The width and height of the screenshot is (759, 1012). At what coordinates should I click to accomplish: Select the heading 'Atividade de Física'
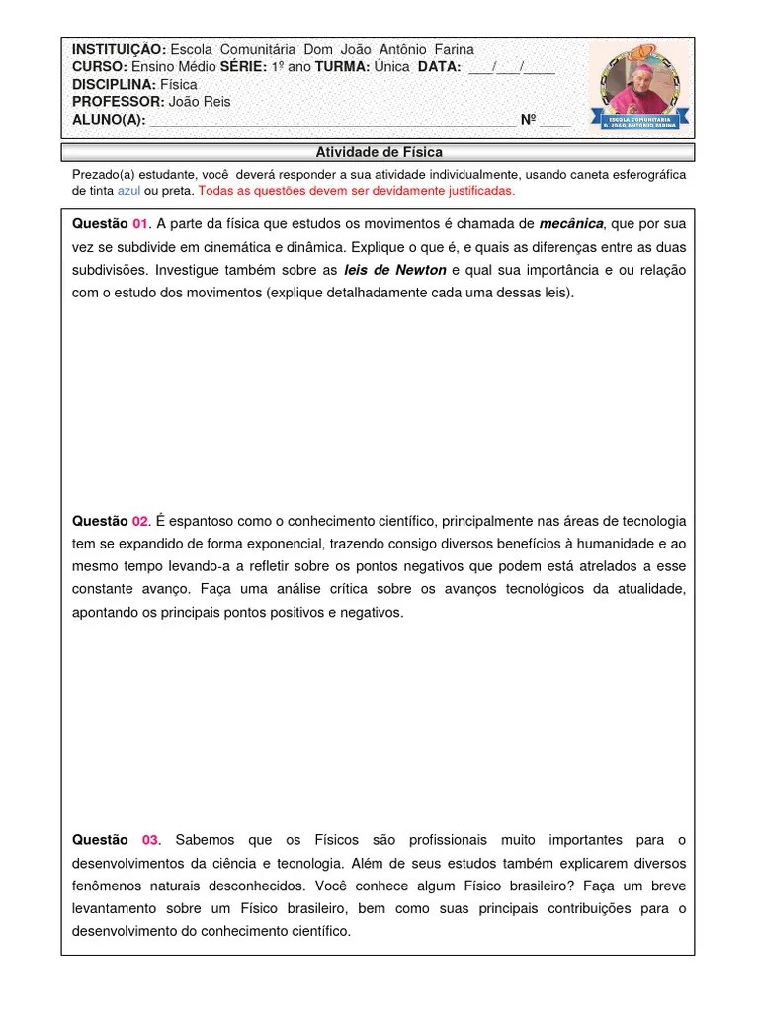379,152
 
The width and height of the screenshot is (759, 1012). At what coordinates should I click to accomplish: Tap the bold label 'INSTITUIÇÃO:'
119,49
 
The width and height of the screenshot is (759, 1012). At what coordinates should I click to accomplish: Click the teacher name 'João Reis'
198,102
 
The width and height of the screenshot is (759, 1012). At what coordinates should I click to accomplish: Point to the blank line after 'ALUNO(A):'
332,121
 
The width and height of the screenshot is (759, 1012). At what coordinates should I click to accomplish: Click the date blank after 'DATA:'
511,67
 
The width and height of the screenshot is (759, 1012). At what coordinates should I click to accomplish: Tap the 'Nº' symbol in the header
528,120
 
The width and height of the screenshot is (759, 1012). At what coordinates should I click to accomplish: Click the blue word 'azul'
128,191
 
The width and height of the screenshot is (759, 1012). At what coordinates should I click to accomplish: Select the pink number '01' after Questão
139,223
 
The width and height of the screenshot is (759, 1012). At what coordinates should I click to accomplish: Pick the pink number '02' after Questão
139,521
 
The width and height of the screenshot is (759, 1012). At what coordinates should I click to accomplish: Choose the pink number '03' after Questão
150,840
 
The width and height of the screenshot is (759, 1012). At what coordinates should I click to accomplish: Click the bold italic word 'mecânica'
570,223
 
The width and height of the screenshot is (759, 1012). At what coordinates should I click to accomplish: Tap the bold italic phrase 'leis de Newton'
395,270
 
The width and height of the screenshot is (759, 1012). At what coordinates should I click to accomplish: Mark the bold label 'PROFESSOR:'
117,102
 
